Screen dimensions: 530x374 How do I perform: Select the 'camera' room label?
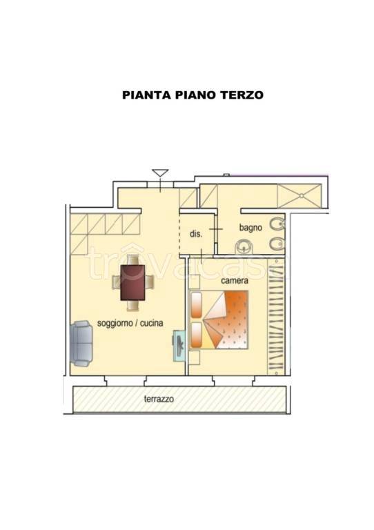(235, 282)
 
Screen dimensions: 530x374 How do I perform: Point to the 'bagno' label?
(250, 227)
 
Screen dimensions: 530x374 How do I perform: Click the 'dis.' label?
(195, 234)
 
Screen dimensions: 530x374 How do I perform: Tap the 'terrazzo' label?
(159, 399)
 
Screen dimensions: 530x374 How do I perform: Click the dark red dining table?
(132, 282)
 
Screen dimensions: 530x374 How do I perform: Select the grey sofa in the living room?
(82, 343)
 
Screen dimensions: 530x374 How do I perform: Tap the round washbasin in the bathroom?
(243, 247)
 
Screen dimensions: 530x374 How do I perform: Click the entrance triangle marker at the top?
(160, 173)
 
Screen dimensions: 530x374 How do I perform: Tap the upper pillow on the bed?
(196, 304)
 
